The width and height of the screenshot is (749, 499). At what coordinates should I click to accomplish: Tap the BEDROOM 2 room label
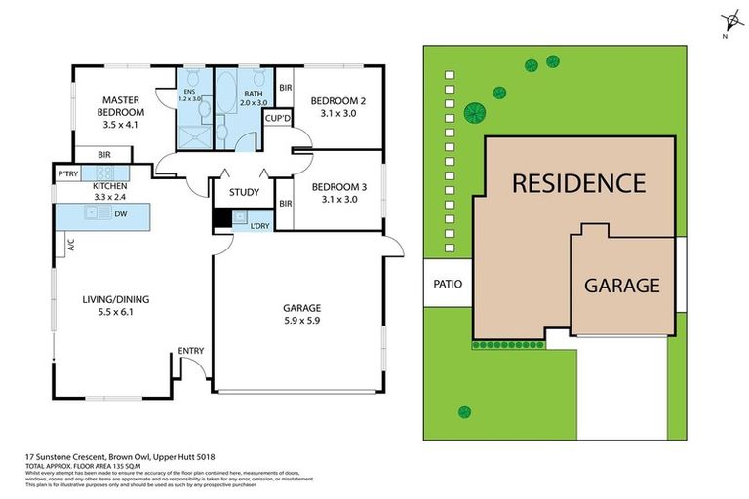338,101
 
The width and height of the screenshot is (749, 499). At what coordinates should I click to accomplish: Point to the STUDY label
244,192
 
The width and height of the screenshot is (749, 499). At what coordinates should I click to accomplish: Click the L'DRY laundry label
259,226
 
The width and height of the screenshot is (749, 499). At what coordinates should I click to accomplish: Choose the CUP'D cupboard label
278,119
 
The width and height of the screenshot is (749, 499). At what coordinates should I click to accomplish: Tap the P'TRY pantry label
68,173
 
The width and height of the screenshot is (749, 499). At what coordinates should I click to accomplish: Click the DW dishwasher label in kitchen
119,213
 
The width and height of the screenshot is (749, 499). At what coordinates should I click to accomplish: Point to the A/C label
71,247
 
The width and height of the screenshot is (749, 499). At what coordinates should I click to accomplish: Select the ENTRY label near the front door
190,352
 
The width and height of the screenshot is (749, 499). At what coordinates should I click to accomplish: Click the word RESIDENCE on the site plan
578,183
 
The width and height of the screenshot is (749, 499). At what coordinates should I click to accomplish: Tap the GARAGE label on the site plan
621,286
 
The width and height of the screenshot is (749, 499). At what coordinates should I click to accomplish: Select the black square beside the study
220,219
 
